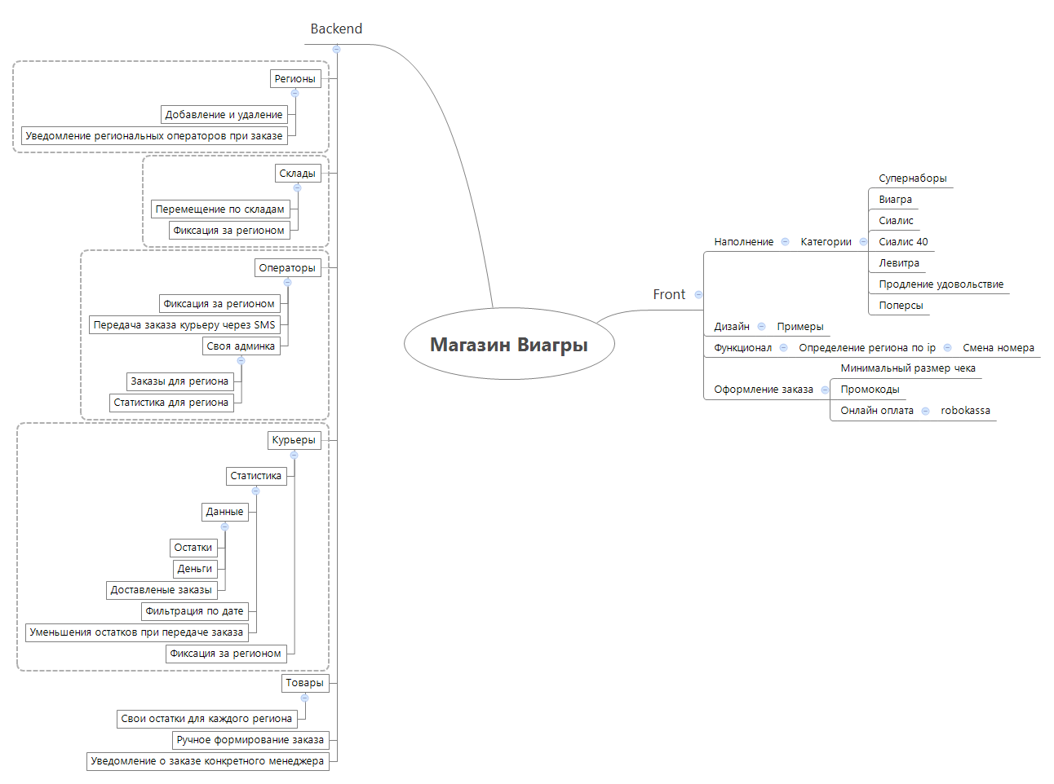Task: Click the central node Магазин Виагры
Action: (509, 344)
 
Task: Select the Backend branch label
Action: (336, 29)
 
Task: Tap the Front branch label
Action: (669, 294)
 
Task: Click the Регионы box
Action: (294, 79)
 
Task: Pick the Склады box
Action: (297, 174)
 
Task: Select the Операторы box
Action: (287, 268)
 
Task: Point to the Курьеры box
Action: (294, 440)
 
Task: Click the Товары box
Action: (304, 683)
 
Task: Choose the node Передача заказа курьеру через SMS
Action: (184, 325)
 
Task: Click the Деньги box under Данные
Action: (195, 569)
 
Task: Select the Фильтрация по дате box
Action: (194, 611)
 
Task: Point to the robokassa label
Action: (965, 411)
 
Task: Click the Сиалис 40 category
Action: (903, 242)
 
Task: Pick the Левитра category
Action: (899, 263)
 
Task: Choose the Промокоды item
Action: (870, 390)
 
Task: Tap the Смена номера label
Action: (998, 348)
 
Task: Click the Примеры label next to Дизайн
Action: (799, 327)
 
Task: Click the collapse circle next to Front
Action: (698, 294)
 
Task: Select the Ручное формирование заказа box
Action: (250, 740)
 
